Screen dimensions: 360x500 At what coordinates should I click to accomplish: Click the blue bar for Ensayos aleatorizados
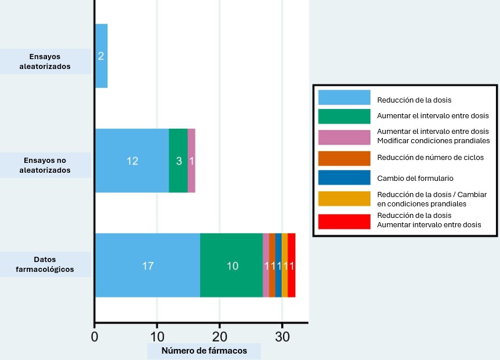(x=101, y=56)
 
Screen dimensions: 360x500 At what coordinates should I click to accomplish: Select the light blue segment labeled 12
(x=132, y=161)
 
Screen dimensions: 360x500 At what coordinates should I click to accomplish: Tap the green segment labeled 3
(x=178, y=161)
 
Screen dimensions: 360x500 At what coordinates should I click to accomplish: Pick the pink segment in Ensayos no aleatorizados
(x=191, y=161)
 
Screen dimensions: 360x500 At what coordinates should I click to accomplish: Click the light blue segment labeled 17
(x=147, y=266)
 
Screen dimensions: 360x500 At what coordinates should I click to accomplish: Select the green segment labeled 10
(x=231, y=266)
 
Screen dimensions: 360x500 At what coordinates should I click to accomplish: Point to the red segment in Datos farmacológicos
(x=292, y=266)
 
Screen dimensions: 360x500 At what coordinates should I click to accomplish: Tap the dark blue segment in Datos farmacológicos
(x=278, y=266)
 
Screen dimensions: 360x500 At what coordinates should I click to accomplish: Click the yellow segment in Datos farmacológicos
(x=285, y=266)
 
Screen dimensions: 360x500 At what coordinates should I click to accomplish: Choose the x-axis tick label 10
(x=157, y=336)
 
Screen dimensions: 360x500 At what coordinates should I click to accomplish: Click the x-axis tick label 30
(x=282, y=336)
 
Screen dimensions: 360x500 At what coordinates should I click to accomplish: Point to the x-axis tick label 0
(x=95, y=336)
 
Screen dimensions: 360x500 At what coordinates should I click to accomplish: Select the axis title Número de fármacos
(x=204, y=351)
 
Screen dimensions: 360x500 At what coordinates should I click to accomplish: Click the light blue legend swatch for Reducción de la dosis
(x=344, y=97)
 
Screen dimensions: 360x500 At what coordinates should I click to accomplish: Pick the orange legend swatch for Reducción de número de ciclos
(x=344, y=158)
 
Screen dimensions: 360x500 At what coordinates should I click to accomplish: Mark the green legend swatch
(x=344, y=116)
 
